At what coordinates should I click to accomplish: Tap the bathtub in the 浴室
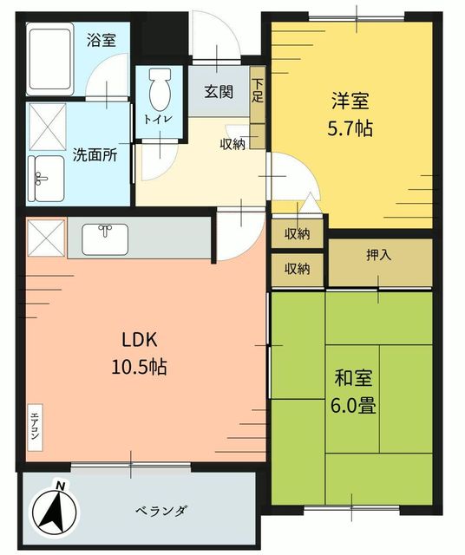point(50,59)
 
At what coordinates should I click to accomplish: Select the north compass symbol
point(54,510)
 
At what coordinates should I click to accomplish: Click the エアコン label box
point(35,428)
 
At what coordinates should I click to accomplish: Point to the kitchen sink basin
point(105,239)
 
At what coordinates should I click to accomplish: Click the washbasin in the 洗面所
point(46,179)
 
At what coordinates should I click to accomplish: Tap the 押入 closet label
point(378,255)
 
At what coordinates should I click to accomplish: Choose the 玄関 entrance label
point(219,92)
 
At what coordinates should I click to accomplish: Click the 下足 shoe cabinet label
point(258,90)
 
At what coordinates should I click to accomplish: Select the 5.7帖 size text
point(350,128)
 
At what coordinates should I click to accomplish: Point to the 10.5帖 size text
point(139,367)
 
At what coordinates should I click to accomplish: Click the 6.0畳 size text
point(353,406)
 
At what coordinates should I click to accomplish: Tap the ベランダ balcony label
point(161,511)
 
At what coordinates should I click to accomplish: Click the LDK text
point(140,341)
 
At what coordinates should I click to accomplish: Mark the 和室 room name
point(353,378)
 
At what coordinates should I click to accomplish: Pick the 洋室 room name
point(350,101)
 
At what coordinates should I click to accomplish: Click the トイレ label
point(158,120)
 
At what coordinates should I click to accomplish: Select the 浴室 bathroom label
point(102,41)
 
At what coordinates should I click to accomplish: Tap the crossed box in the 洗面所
point(48,127)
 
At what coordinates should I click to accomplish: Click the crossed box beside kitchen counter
point(46,238)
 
